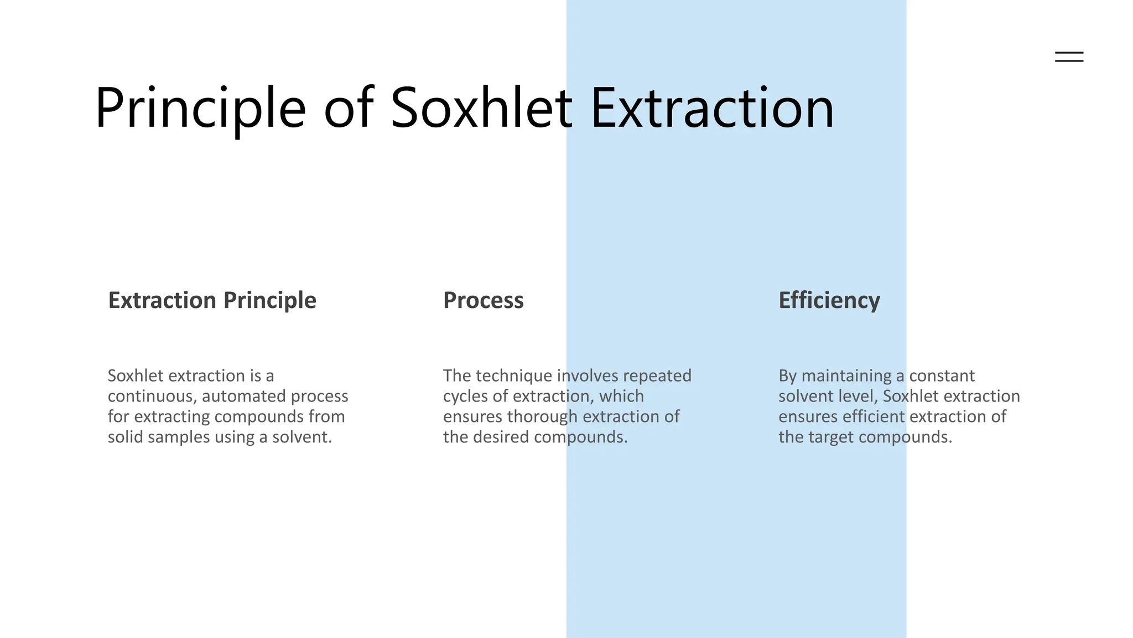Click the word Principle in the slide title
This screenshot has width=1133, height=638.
coord(200,109)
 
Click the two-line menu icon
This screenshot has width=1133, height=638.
coord(1069,56)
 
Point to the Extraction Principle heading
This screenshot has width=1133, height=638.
coord(212,300)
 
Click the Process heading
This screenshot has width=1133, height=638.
coord(483,300)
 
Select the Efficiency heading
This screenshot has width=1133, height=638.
coord(829,300)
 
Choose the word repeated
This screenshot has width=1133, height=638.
coord(657,376)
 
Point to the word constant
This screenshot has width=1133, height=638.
coord(942,376)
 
